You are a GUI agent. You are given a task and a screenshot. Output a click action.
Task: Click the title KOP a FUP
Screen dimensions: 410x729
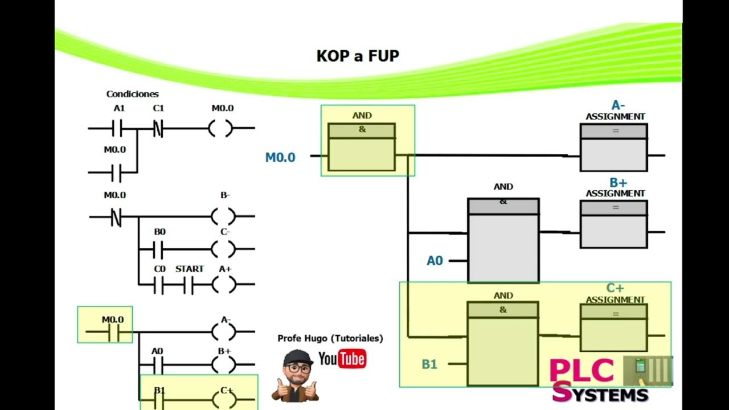click(x=358, y=56)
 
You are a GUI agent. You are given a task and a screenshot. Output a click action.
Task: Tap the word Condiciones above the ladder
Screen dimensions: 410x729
click(x=132, y=94)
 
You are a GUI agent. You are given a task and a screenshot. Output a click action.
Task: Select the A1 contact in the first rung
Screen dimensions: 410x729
click(x=118, y=129)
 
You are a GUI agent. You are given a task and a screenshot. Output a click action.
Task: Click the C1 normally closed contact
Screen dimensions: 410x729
click(x=158, y=129)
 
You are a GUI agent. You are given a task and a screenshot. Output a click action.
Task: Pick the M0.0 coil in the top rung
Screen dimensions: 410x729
click(x=221, y=129)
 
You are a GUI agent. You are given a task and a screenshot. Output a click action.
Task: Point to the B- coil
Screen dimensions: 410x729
click(x=223, y=216)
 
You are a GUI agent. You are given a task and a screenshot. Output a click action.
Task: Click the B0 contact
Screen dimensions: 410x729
click(x=159, y=249)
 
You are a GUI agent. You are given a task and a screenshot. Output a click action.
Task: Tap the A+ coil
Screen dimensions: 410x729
click(x=223, y=283)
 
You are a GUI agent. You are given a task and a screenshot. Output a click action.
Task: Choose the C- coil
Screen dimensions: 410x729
click(x=223, y=249)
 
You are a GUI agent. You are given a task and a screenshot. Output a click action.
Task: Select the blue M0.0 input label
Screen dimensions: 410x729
click(x=280, y=158)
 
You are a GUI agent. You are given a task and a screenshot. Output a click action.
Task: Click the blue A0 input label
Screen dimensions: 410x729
click(x=435, y=261)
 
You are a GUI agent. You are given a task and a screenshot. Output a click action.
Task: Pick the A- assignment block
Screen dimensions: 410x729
click(x=613, y=147)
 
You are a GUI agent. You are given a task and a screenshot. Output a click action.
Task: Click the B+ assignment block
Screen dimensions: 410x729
click(x=613, y=224)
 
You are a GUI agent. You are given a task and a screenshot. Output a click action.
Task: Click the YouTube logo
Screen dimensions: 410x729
click(x=342, y=359)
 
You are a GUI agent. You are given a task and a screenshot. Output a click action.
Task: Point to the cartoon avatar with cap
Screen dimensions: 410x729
click(x=296, y=376)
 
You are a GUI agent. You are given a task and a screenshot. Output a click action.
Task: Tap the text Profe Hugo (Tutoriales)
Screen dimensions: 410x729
click(x=330, y=338)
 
